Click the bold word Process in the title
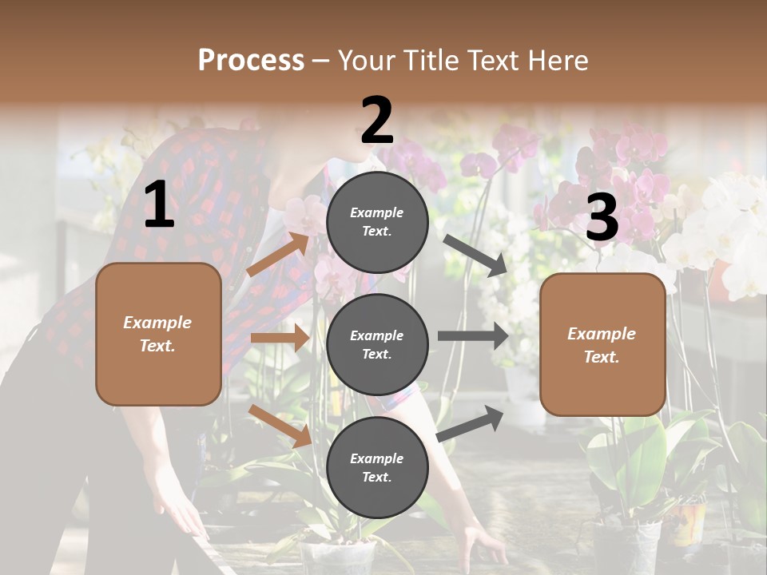pos(251,60)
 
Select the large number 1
pos(159,205)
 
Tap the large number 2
pos(377,121)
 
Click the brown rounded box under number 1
pos(158,334)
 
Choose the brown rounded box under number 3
pos(602,345)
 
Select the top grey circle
pos(377,222)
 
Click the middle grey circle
pos(377,345)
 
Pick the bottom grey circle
pos(377,468)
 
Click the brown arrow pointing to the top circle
pos(279,254)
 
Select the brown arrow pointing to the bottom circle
pos(280,426)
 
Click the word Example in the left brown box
pos(157,323)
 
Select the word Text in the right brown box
pos(601,357)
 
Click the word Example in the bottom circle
pos(377,458)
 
